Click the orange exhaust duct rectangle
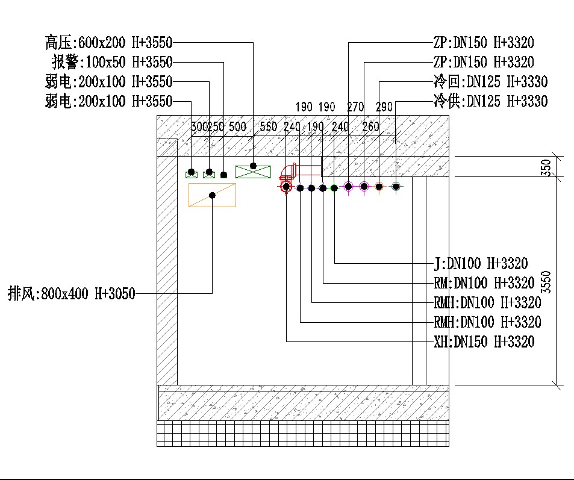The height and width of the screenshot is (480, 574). click(212, 195)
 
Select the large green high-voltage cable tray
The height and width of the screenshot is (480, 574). click(253, 172)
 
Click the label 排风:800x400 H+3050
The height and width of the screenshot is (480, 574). click(72, 294)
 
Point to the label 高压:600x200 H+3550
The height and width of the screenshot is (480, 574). click(108, 43)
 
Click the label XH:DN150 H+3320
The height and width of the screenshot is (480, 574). click(484, 342)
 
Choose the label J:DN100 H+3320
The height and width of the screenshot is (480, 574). click(481, 263)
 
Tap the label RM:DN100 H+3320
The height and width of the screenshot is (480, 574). click(484, 282)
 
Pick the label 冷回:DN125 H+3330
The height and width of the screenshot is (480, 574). click(490, 81)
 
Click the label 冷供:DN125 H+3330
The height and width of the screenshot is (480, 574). click(490, 101)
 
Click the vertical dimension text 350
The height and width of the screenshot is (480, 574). click(546, 167)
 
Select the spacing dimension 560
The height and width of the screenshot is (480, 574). click(268, 127)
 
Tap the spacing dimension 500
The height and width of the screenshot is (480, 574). click(237, 127)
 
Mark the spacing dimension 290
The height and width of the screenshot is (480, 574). click(384, 107)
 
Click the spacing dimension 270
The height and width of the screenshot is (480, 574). click(355, 107)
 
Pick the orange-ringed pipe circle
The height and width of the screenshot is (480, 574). click(379, 187)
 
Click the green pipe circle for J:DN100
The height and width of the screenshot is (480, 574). click(334, 188)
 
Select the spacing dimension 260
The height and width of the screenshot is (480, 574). click(370, 127)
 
